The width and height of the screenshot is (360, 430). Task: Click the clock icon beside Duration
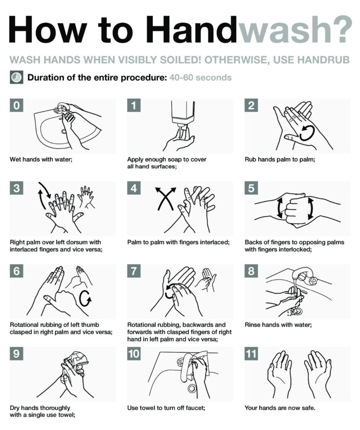tap(16, 78)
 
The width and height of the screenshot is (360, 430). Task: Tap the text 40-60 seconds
tap(200, 78)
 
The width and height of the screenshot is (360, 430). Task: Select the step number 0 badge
tap(16, 106)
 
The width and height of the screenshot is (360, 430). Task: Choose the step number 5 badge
tap(252, 189)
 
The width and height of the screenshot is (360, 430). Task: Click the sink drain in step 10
tap(193, 388)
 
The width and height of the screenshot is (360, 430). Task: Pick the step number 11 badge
tap(251, 354)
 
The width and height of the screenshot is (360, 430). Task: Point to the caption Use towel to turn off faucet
tap(166, 407)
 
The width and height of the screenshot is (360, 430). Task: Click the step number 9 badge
tap(16, 354)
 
